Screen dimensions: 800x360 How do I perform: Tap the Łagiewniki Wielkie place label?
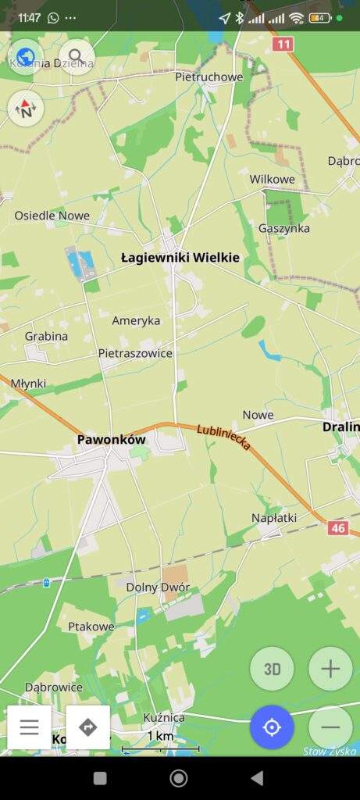tap(180, 257)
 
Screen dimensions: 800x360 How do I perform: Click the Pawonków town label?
tap(112, 440)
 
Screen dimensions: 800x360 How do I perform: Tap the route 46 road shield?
tap(338, 528)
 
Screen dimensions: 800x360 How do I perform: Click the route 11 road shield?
tap(283, 45)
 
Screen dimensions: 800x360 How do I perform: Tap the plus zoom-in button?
tap(330, 669)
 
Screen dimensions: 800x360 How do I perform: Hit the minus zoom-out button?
tap(330, 727)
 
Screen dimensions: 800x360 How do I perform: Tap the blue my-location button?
tap(272, 727)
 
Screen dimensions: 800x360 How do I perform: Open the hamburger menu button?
tap(30, 727)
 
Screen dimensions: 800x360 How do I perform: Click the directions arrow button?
tap(87, 727)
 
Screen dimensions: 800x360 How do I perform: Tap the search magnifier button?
tap(76, 56)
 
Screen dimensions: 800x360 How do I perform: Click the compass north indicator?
tap(27, 109)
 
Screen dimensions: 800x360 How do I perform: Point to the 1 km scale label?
tap(160, 736)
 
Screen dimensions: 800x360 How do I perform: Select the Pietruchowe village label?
tap(209, 77)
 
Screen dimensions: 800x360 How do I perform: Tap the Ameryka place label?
tap(136, 320)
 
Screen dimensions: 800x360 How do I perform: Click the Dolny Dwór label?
tap(158, 587)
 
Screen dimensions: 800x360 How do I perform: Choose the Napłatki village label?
tap(274, 518)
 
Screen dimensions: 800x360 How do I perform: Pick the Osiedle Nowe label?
tap(52, 216)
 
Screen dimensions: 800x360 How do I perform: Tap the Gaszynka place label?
tap(284, 228)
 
